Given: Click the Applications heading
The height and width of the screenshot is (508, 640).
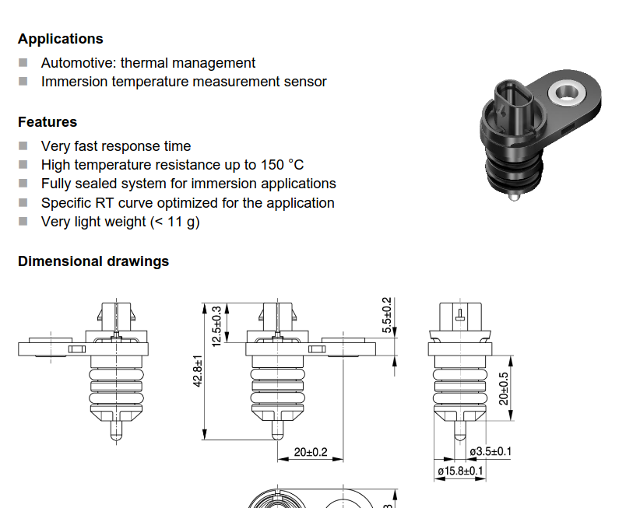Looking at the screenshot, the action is click(61, 39).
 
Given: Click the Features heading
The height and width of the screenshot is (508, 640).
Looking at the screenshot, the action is click(47, 122).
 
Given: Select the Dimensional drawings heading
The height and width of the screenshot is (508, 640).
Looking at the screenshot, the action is click(93, 261).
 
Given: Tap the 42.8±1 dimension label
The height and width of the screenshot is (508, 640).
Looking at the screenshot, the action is click(198, 370).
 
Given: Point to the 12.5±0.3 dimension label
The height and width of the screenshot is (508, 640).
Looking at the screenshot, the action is click(216, 327).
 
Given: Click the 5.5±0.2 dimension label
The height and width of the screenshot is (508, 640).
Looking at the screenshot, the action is click(386, 315).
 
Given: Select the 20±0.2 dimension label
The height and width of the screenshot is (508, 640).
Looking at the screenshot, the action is click(311, 452).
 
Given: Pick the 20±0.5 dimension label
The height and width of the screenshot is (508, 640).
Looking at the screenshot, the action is click(504, 388).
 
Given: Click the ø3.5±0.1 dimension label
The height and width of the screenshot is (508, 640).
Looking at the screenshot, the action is click(491, 451).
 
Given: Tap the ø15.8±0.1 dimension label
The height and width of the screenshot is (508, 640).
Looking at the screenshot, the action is click(460, 471).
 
